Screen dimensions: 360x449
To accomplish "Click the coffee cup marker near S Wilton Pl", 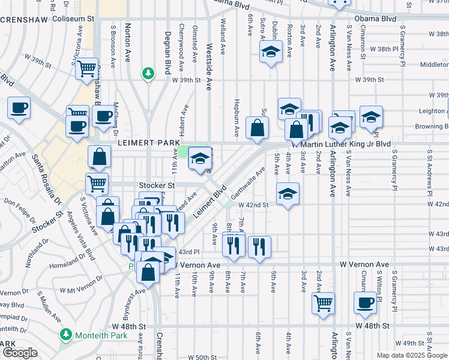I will (x=366, y=302).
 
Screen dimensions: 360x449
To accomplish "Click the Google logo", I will (x=19, y=353).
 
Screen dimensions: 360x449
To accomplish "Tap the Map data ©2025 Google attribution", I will (x=411, y=355).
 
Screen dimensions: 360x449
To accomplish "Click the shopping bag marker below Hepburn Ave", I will (x=257, y=128).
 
